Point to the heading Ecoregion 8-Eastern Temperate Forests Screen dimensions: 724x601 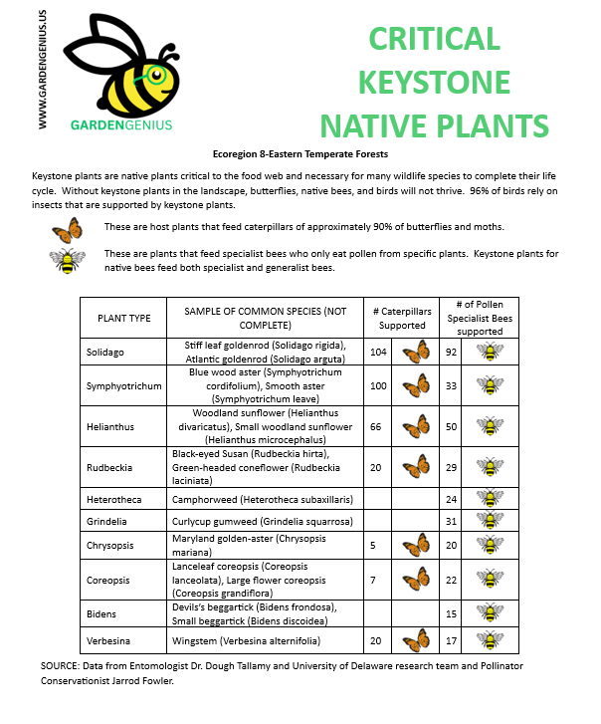pos(300,154)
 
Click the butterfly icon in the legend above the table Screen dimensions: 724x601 pos(67,231)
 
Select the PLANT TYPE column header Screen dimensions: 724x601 pos(124,318)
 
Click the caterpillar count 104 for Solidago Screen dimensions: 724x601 pos(377,352)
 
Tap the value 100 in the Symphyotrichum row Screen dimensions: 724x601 pos(377,385)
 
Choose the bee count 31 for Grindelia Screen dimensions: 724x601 pos(451,520)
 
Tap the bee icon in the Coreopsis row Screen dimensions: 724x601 pos(490,579)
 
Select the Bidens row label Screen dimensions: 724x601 pos(100,612)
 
